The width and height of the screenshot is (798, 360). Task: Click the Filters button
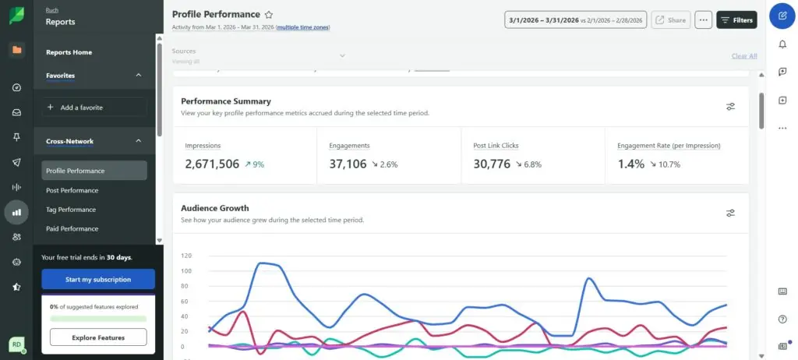click(x=736, y=20)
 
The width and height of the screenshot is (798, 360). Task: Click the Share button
click(x=669, y=20)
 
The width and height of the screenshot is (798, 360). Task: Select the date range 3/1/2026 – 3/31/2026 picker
click(x=575, y=20)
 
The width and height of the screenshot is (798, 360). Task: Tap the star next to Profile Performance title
click(x=269, y=15)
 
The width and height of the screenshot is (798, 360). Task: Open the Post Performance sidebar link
click(x=72, y=190)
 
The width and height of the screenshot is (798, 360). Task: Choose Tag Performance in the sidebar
click(x=71, y=210)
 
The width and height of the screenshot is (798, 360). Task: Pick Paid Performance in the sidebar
click(x=72, y=229)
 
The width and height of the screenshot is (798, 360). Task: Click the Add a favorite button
click(x=94, y=108)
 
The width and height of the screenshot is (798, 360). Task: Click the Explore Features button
click(x=98, y=337)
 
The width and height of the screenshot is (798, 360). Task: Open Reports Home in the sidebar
click(x=69, y=52)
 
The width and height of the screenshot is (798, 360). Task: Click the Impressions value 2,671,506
click(x=212, y=164)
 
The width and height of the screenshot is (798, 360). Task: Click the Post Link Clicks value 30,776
click(x=492, y=164)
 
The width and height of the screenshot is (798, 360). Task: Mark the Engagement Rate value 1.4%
click(x=630, y=164)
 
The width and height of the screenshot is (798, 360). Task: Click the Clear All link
click(x=743, y=56)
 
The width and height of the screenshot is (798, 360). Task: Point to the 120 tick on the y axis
click(x=186, y=256)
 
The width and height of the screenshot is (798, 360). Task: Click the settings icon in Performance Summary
click(x=730, y=107)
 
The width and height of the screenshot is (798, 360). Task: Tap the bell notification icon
click(x=782, y=44)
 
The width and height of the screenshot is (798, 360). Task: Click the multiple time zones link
click(x=303, y=27)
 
